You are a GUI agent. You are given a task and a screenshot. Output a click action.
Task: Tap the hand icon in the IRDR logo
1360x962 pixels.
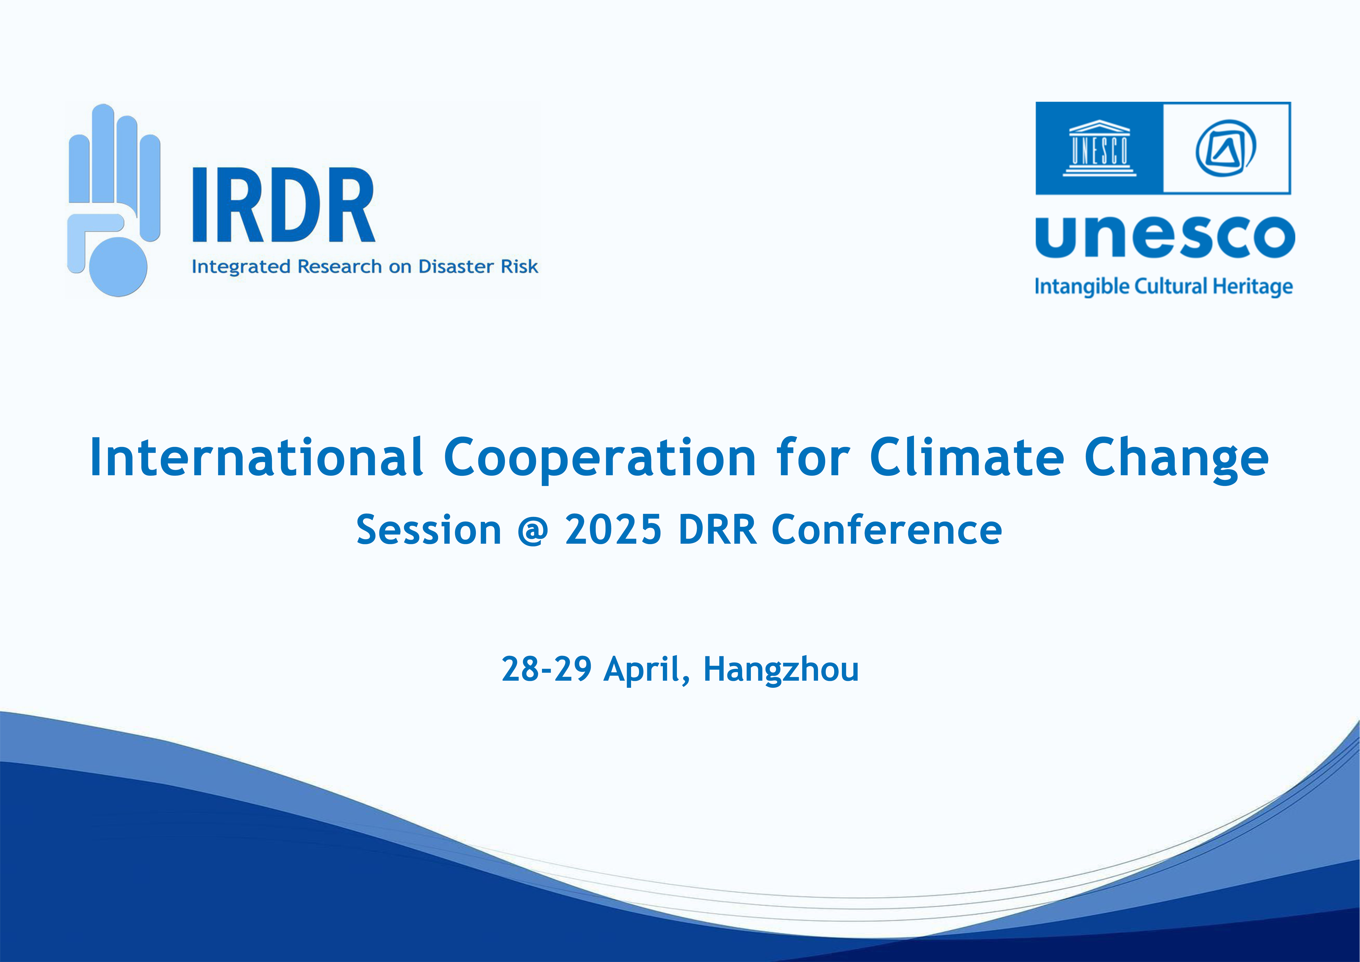click(114, 200)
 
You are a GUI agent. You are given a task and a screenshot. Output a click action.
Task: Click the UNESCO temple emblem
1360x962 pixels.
click(1099, 148)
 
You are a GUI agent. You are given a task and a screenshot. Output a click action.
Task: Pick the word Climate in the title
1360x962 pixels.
click(967, 457)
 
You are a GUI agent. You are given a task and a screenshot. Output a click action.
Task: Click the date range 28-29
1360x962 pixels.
click(546, 669)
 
